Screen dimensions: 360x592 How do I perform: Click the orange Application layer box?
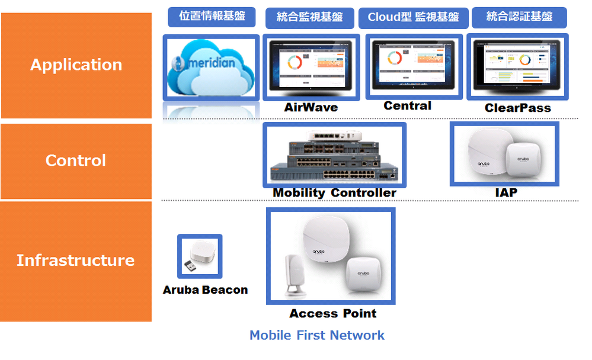pyautogui.click(x=76, y=65)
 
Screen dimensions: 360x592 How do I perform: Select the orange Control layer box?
pyautogui.click(x=76, y=161)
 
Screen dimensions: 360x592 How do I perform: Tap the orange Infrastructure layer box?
pyautogui.click(x=76, y=261)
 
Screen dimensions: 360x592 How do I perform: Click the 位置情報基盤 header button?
pyautogui.click(x=212, y=17)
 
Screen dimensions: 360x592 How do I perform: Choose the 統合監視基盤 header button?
pyautogui.click(x=309, y=17)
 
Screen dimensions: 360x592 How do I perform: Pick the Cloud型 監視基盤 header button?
pyautogui.click(x=413, y=17)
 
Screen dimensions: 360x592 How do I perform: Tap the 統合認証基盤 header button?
pyautogui.click(x=519, y=17)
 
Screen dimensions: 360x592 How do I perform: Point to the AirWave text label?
pyautogui.click(x=311, y=107)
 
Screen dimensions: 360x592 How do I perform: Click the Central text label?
pyautogui.click(x=408, y=105)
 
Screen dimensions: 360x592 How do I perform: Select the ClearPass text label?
pyautogui.click(x=517, y=108)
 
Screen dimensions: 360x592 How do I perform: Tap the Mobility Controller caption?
pyautogui.click(x=334, y=193)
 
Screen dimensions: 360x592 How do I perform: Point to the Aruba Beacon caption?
pyautogui.click(x=205, y=290)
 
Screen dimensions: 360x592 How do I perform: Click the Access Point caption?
pyautogui.click(x=332, y=313)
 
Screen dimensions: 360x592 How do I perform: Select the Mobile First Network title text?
pyautogui.click(x=317, y=335)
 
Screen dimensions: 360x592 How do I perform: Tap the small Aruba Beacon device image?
pyautogui.click(x=199, y=256)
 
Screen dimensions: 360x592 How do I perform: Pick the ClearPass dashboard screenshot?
pyautogui.click(x=517, y=66)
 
